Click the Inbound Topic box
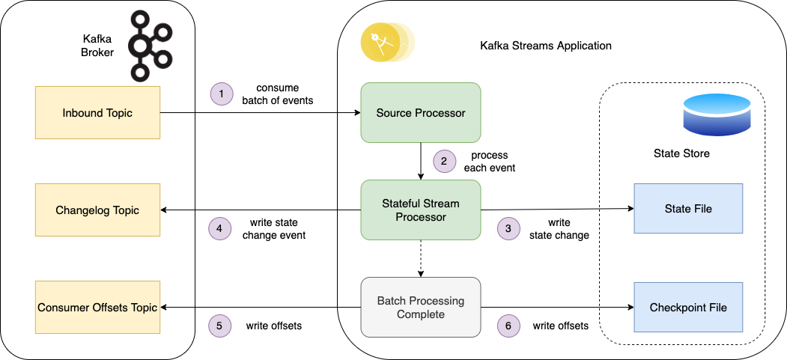[97, 113]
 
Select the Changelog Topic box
[97, 210]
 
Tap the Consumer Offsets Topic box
[97, 307]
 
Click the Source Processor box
[420, 113]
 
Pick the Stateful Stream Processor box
[420, 210]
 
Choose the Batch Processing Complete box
[420, 307]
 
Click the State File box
[687, 209]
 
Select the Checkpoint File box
[687, 307]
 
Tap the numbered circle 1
[222, 94]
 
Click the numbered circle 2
[444, 161]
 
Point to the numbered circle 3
[509, 229]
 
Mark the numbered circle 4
[219, 229]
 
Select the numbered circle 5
[219, 326]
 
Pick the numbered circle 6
[509, 326]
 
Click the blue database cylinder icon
[717, 115]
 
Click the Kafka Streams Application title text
[545, 46]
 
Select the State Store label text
[681, 153]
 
